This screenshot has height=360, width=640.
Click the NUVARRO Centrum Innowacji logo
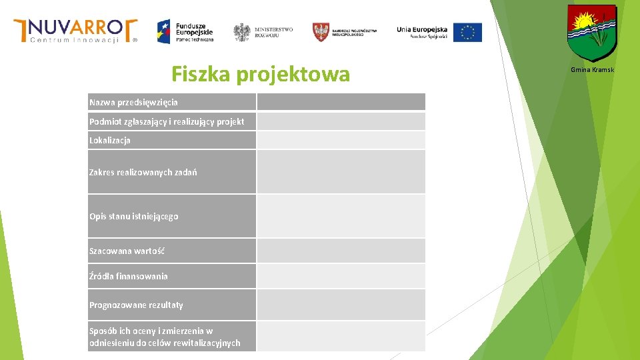click(x=75, y=31)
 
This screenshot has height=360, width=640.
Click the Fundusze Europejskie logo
click(x=185, y=31)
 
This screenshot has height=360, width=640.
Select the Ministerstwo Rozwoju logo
click(x=263, y=32)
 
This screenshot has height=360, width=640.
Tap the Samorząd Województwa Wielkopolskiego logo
click(x=345, y=31)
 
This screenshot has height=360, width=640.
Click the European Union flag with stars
click(x=467, y=32)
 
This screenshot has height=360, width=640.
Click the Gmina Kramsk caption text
click(x=592, y=70)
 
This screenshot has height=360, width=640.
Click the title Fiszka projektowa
click(x=260, y=74)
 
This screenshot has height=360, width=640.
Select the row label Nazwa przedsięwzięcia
click(x=133, y=102)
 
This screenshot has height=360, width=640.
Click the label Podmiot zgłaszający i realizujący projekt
click(x=166, y=121)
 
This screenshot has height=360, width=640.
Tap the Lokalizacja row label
click(x=110, y=141)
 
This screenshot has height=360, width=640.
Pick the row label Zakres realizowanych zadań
click(x=143, y=172)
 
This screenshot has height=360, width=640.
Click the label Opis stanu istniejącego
click(x=133, y=216)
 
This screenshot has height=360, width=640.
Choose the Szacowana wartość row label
click(x=127, y=251)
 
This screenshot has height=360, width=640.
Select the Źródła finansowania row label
click(x=129, y=276)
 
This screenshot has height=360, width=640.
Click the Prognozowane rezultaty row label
click(x=136, y=305)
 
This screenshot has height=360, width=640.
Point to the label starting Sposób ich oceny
click(x=164, y=337)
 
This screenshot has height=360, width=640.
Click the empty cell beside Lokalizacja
click(x=341, y=140)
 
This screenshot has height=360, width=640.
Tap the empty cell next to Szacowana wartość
click(x=341, y=251)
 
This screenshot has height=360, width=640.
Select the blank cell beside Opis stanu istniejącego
click(x=341, y=216)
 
